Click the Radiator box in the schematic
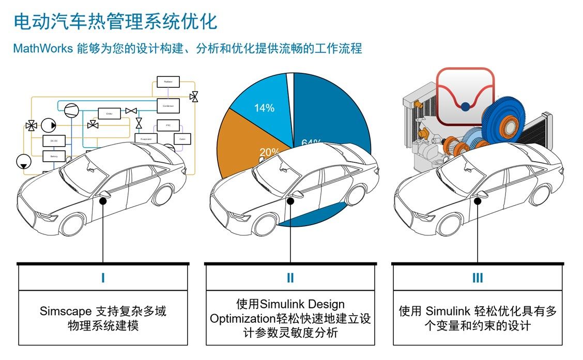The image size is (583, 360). pos(167,82)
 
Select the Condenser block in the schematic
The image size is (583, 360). pos(168,106)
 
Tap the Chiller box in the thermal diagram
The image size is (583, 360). pos(109,113)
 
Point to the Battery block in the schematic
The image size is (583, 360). pos(54,155)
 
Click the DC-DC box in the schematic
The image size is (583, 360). pos(54,141)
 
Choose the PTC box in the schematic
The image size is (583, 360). pos(168,125)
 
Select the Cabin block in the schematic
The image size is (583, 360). pos(182,139)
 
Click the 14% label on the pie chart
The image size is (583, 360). pos(264,108)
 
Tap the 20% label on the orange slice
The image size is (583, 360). pos(269,152)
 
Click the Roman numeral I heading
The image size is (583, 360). pos(103,278)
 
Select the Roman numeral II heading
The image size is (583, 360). pos(290,278)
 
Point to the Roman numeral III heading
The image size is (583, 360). pos(477,278)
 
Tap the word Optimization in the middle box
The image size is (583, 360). pos(239,319)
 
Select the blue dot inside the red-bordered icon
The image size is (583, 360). pos(465,107)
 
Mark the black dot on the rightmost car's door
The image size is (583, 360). pos(477,194)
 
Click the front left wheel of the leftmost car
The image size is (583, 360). pos(71,223)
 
